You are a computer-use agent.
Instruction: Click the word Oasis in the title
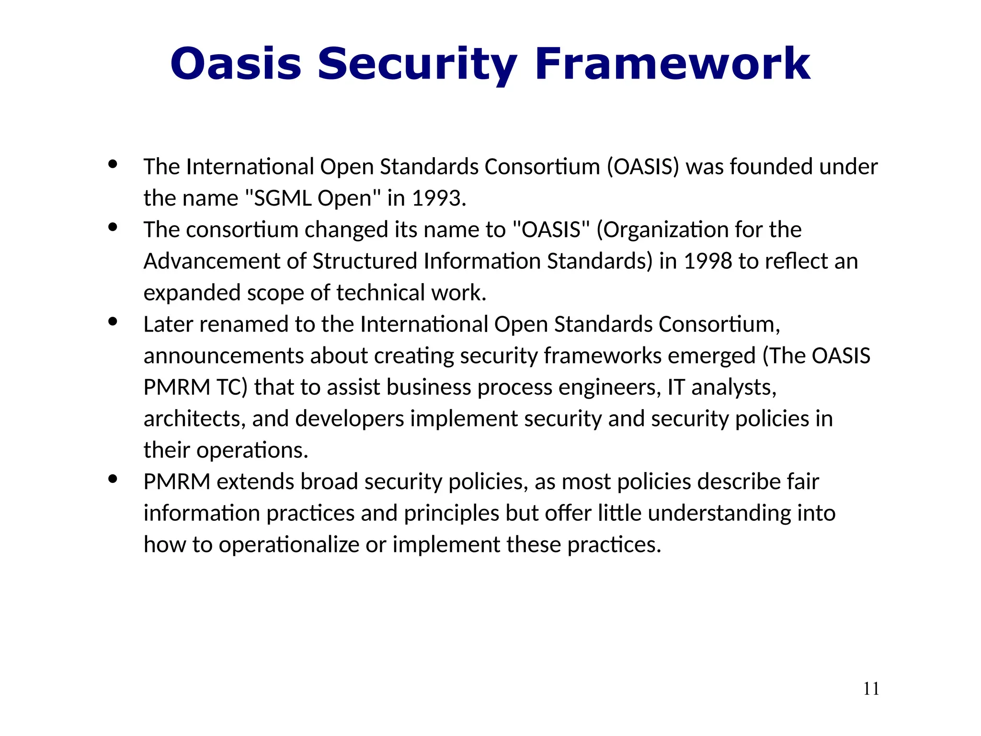tap(236, 64)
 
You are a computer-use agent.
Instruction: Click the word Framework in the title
tap(672, 64)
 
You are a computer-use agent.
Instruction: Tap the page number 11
tap(871, 689)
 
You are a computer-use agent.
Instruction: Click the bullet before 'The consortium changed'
tap(113, 227)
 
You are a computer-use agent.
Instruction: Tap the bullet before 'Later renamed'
tap(113, 322)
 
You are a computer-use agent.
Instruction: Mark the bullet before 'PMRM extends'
tap(113, 479)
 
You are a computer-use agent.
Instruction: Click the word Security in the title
tap(417, 64)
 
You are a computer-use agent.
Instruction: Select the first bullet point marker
tap(113, 164)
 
